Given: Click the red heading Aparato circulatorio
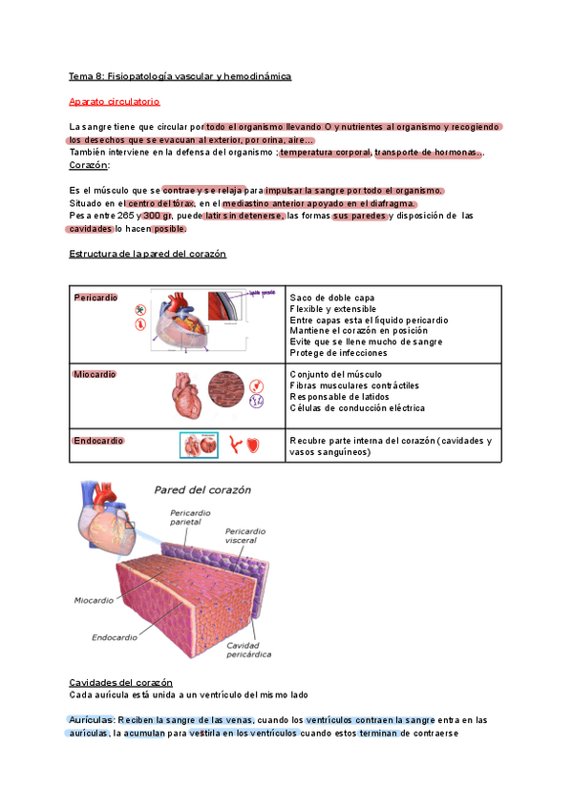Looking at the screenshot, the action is [x=115, y=101].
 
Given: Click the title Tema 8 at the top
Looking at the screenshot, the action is [x=180, y=75].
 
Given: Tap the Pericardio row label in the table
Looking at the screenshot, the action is [x=95, y=298].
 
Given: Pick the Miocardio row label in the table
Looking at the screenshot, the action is [x=95, y=375].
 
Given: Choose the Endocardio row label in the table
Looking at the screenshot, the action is [x=98, y=441].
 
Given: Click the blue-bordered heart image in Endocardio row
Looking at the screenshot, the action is [x=200, y=445].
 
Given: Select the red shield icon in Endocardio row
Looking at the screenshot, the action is [x=252, y=445].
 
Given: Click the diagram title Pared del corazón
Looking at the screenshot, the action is [x=202, y=489].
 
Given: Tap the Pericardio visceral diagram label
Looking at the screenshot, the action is [x=247, y=535].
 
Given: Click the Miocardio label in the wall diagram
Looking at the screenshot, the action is [x=95, y=601].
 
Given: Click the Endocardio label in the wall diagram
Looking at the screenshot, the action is [x=117, y=636].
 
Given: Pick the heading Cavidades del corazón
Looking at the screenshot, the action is [x=120, y=683].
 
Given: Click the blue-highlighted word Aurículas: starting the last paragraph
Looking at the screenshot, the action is [x=92, y=719].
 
